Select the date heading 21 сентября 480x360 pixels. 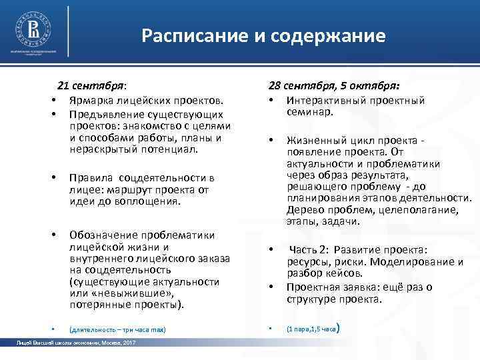click(x=92, y=86)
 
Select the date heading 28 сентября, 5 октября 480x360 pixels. click(x=334, y=86)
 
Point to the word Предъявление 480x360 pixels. click(x=105, y=113)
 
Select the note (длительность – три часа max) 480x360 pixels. click(x=117, y=329)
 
